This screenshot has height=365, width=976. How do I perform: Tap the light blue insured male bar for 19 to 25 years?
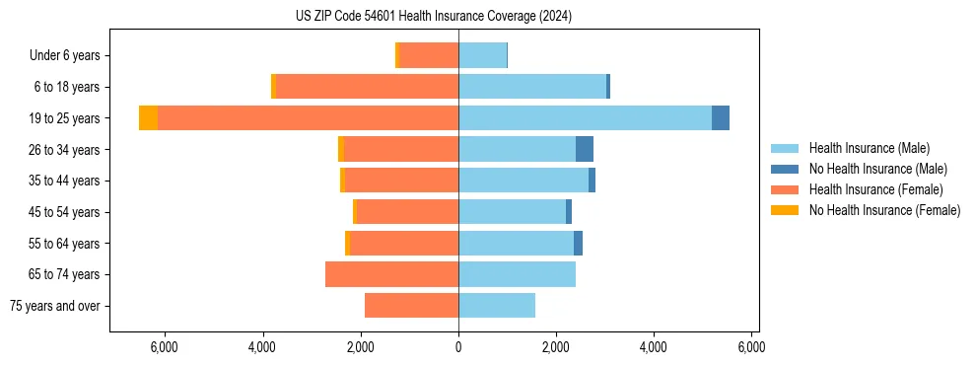click(x=585, y=118)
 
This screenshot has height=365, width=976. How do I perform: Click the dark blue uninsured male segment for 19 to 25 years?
click(x=721, y=118)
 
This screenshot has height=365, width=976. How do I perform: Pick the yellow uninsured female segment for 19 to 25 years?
click(x=148, y=118)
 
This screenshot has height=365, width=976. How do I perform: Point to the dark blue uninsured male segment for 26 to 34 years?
click(x=585, y=150)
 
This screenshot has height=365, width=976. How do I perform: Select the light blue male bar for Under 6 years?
click(x=482, y=56)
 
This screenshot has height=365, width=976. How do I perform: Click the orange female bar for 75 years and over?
click(x=411, y=306)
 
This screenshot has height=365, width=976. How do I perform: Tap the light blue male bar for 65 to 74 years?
click(x=517, y=274)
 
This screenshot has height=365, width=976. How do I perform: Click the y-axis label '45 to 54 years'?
click(x=65, y=212)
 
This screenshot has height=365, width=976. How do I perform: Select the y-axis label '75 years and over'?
click(x=55, y=306)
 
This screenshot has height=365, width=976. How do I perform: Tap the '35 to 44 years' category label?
click(x=65, y=181)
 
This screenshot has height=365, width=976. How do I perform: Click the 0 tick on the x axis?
click(x=458, y=347)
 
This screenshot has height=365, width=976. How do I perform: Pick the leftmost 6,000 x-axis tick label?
click(x=164, y=347)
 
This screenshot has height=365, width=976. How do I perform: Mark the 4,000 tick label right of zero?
click(x=654, y=347)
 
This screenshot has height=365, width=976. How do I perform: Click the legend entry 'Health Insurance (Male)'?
click(x=869, y=148)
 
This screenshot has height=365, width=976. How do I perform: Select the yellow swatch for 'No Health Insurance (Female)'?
click(x=786, y=210)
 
